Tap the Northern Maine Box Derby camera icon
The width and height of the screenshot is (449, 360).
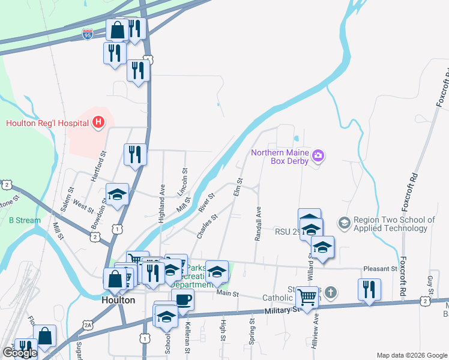[x=318, y=157]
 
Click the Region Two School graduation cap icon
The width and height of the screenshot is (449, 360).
[x=344, y=223]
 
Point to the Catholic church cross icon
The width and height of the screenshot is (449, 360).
[x=331, y=292]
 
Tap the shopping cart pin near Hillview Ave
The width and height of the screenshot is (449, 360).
[x=307, y=297]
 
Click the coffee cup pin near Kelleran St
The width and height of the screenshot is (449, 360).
[x=182, y=300]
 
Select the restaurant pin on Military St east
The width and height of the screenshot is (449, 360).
[x=369, y=290]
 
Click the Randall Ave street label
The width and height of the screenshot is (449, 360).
[x=258, y=224]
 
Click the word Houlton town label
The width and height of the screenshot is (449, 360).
[x=118, y=300]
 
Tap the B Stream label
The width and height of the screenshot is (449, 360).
[x=25, y=220]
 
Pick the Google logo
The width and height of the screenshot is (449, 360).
[x=20, y=353]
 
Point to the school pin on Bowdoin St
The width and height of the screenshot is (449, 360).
[x=118, y=194]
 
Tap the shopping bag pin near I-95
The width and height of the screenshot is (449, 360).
[x=117, y=30]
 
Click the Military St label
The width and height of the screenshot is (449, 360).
[x=281, y=310]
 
